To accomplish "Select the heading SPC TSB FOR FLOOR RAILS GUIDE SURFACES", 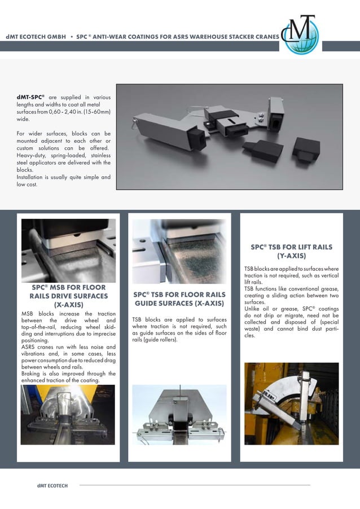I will (x=179, y=299).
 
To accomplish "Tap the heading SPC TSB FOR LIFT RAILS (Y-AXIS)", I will (x=291, y=251).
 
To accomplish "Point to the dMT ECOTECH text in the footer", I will (x=52, y=486).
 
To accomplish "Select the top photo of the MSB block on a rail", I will (x=68, y=250).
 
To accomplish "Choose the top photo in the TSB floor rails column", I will (x=179, y=251).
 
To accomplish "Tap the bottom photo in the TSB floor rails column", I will (x=179, y=415).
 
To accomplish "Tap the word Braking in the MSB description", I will (x=31, y=374).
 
